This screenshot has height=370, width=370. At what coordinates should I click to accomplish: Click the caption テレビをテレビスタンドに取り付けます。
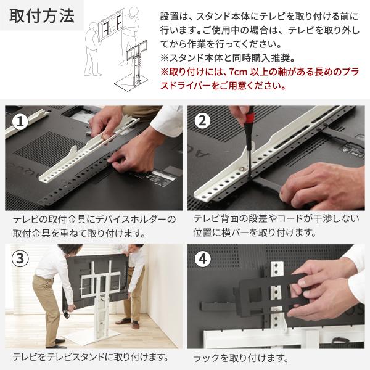[90, 358]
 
